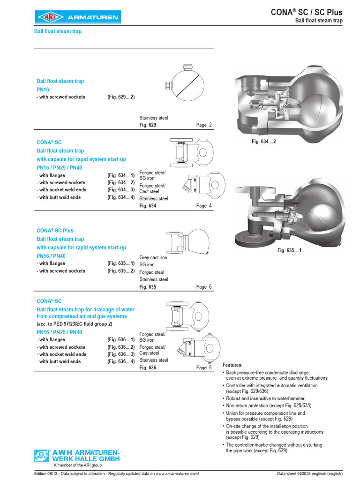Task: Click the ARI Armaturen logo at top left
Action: click(x=78, y=18)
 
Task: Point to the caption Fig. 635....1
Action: click(x=289, y=250)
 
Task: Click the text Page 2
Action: click(x=204, y=125)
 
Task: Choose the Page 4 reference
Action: click(x=204, y=206)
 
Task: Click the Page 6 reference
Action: click(x=204, y=287)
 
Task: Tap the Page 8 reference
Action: click(x=204, y=368)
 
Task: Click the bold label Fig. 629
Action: click(x=148, y=125)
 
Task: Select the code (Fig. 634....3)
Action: click(x=121, y=190)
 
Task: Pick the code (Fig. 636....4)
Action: click(x=121, y=361)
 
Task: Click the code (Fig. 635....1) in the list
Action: click(x=121, y=263)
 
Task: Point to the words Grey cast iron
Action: click(x=153, y=257)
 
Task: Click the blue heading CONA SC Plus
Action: click(x=55, y=231)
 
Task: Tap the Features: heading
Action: click(x=232, y=365)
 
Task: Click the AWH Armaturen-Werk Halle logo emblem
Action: click(x=41, y=455)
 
